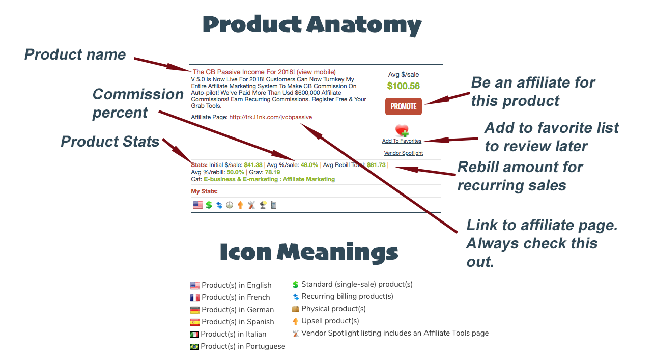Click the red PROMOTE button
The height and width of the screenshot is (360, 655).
pyautogui.click(x=403, y=106)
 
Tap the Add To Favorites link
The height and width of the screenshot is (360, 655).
pyautogui.click(x=402, y=141)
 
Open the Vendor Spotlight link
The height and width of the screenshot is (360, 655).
pyautogui.click(x=403, y=153)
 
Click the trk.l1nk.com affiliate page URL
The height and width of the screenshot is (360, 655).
pyautogui.click(x=270, y=117)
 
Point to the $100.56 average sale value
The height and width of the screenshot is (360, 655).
pyautogui.click(x=403, y=86)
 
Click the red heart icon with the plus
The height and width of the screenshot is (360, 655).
pyautogui.click(x=402, y=130)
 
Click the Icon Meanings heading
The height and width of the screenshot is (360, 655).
pyautogui.click(x=309, y=253)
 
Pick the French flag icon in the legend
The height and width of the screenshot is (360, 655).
pyautogui.click(x=195, y=298)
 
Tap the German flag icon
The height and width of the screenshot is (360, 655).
pyautogui.click(x=195, y=310)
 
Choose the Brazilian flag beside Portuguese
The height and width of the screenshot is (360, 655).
pyautogui.click(x=194, y=347)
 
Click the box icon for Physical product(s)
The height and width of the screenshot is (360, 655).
pyautogui.click(x=296, y=309)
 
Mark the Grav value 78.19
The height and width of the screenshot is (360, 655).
pyautogui.click(x=272, y=172)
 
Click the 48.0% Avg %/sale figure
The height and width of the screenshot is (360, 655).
pyautogui.click(x=309, y=165)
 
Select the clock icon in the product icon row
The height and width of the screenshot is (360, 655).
pyautogui.click(x=230, y=205)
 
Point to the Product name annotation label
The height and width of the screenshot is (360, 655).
pyautogui.click(x=75, y=54)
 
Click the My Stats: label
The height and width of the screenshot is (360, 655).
pyautogui.click(x=204, y=191)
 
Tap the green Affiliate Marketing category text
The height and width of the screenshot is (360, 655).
pyautogui.click(x=309, y=179)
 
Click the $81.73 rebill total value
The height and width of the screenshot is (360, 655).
pyautogui.click(x=376, y=165)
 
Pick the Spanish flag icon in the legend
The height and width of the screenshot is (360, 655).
pyautogui.click(x=195, y=322)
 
